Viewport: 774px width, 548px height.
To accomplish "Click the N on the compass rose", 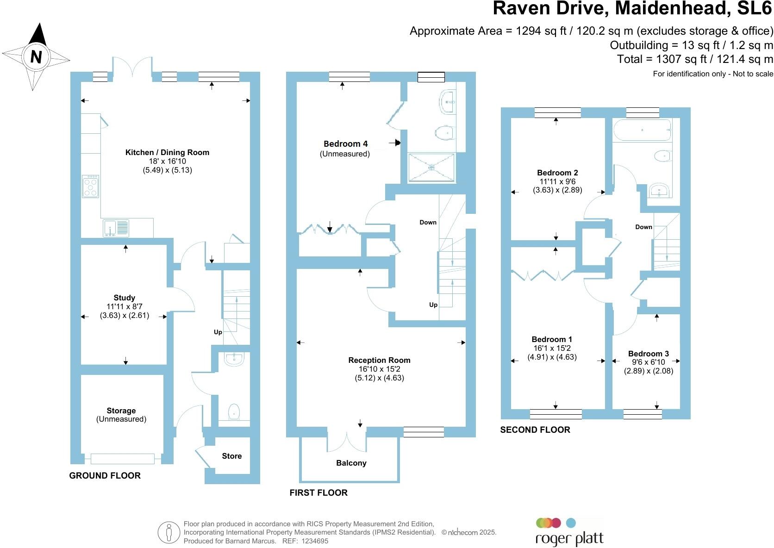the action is coord(36,56).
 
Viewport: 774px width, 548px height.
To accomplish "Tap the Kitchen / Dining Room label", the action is coord(167,152).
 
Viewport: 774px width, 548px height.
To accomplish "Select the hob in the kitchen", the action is coord(91,186).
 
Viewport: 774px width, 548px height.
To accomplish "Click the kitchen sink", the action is coord(116,228).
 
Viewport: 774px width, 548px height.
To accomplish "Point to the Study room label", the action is coord(124,298).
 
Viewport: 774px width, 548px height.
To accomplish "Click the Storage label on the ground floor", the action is coord(121,411).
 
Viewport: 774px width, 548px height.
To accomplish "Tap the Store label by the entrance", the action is coord(231,456).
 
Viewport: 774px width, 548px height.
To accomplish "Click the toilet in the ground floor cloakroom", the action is coord(234,411).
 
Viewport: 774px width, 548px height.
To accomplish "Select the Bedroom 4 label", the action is coord(345,144).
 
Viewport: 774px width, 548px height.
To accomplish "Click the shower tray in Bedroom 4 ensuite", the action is coord(431,167).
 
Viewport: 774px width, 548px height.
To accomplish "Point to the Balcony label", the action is coord(351,463).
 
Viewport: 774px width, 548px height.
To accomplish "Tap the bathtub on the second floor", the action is coord(642,130).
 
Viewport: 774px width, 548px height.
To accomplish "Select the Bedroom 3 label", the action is coord(648,354).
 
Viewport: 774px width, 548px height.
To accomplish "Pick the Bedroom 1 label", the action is coord(552,339).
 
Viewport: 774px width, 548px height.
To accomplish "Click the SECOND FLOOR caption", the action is coord(535,430).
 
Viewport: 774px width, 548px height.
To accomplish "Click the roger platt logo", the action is coord(569,533).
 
